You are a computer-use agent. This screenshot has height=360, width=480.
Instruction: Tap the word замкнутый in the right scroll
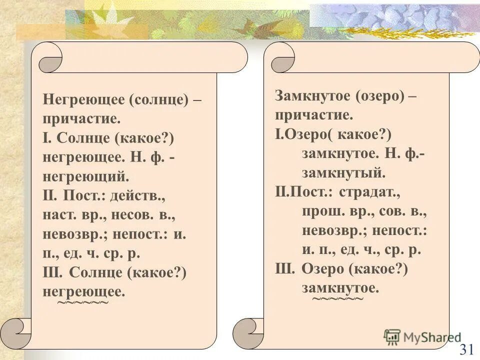[343, 173]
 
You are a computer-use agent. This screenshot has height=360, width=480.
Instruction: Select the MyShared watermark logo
[422, 337]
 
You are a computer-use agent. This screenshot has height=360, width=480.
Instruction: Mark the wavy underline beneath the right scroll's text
[338, 299]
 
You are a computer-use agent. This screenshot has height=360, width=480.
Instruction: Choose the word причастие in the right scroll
[313, 115]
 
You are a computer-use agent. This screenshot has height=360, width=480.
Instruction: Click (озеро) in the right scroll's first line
[380, 96]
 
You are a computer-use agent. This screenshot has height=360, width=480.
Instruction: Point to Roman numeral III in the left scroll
[53, 272]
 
